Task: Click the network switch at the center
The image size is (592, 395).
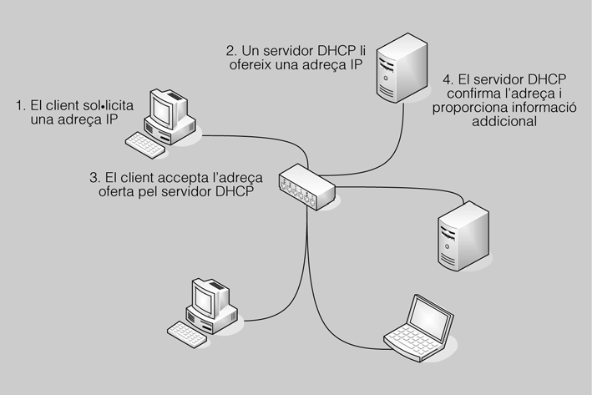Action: click(306, 185)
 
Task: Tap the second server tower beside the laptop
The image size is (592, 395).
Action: click(459, 233)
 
